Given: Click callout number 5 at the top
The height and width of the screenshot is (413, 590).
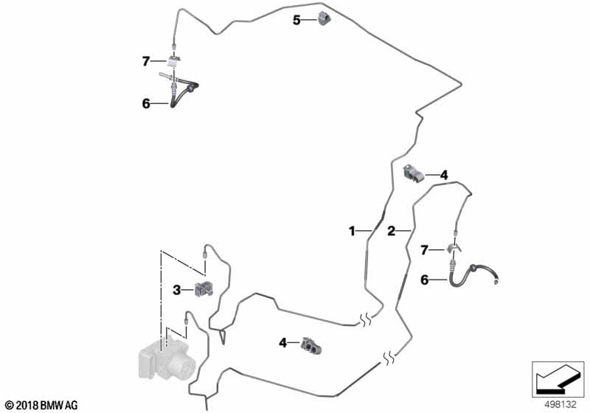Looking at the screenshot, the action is [x=297, y=20].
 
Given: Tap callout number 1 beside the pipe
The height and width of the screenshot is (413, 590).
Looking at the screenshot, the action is [x=352, y=231].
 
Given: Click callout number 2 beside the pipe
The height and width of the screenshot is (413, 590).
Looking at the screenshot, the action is [x=392, y=231].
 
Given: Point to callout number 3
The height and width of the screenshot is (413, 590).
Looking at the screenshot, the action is [x=177, y=290].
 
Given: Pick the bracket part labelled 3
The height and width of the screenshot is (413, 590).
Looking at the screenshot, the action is [x=204, y=289].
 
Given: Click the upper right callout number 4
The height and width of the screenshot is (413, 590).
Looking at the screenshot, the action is [x=444, y=175].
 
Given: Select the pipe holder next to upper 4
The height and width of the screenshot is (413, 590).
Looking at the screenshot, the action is [x=414, y=173].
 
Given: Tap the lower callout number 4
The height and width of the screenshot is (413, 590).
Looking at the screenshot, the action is [x=283, y=343].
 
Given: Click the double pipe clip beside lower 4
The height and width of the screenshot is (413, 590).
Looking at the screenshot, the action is [x=311, y=345].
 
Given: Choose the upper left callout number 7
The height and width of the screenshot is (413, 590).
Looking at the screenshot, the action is [x=146, y=61].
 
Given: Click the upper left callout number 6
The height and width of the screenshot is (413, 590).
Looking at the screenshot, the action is [x=146, y=103].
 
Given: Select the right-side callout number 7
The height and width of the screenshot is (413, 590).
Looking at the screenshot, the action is [x=425, y=250].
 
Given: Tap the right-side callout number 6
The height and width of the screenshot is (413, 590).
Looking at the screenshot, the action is [x=425, y=280].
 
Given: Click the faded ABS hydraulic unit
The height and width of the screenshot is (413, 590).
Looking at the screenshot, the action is [x=167, y=358].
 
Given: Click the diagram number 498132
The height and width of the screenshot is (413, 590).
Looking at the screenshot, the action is [x=560, y=405].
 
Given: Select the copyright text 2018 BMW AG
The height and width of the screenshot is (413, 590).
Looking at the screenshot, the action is [x=42, y=406].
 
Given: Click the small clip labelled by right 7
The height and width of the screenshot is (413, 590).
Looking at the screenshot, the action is [x=454, y=249].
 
